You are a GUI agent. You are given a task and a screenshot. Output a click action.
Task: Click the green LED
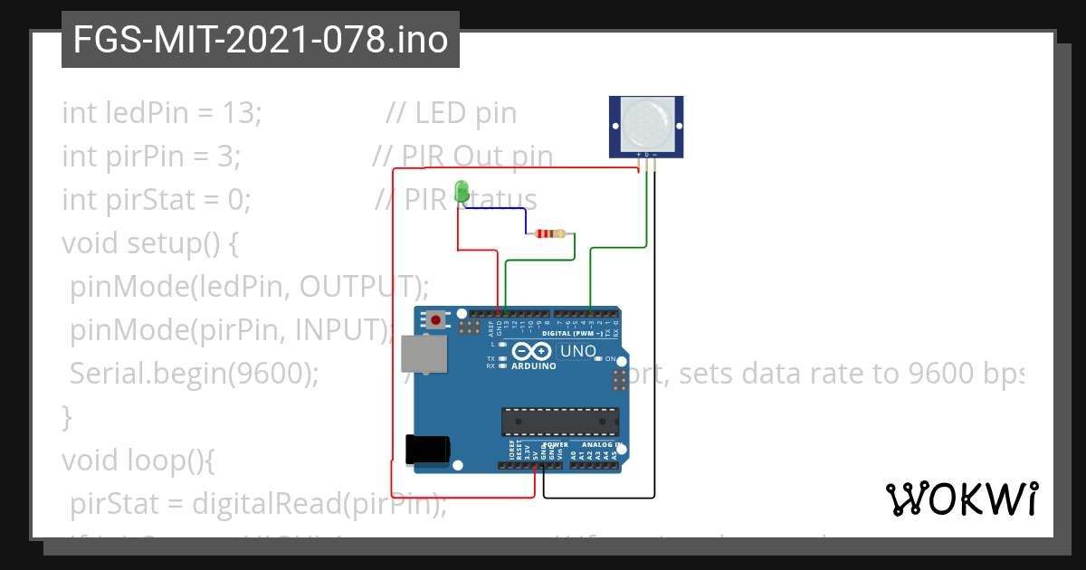tap(462, 191)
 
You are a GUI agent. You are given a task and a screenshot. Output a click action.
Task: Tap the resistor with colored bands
tap(550, 233)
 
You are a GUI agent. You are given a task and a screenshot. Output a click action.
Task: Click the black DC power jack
tap(428, 449)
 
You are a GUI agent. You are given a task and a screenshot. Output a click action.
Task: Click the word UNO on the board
tap(578, 351)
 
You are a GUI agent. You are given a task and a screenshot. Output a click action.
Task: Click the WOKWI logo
tap(961, 499)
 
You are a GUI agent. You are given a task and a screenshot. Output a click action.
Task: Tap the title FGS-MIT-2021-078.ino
tap(261, 40)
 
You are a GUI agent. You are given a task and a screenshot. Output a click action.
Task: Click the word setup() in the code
tap(181, 243)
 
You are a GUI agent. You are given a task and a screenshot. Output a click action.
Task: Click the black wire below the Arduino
tap(597, 497)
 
